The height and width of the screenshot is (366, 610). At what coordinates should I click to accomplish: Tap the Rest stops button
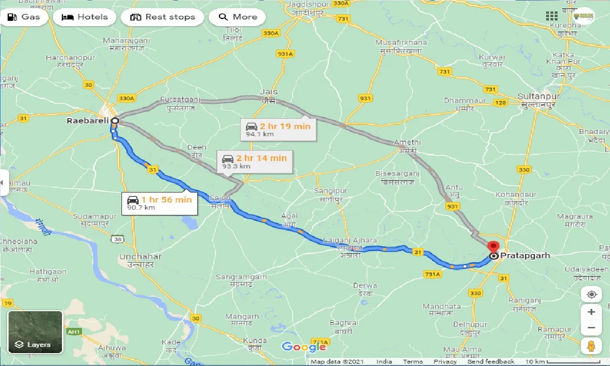163,17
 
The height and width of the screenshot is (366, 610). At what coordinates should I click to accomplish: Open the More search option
237,17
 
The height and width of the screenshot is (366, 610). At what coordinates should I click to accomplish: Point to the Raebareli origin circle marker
115,121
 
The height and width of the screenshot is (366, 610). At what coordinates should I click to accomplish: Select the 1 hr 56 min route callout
160,203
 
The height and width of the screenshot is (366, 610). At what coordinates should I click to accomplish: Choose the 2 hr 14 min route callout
254,162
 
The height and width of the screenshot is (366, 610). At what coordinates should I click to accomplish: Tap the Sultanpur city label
539,97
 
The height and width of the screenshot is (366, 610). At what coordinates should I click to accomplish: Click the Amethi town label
407,142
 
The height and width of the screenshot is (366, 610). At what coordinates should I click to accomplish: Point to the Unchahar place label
140,257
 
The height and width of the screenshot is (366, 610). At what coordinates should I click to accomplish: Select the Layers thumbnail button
35,332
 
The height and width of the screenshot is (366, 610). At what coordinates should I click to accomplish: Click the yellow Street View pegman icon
591,346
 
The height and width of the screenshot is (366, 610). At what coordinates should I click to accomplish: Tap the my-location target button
591,294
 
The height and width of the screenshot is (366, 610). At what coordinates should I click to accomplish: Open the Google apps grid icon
552,16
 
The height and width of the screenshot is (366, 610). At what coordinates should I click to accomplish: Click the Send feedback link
491,362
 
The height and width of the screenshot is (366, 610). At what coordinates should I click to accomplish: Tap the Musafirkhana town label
401,42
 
